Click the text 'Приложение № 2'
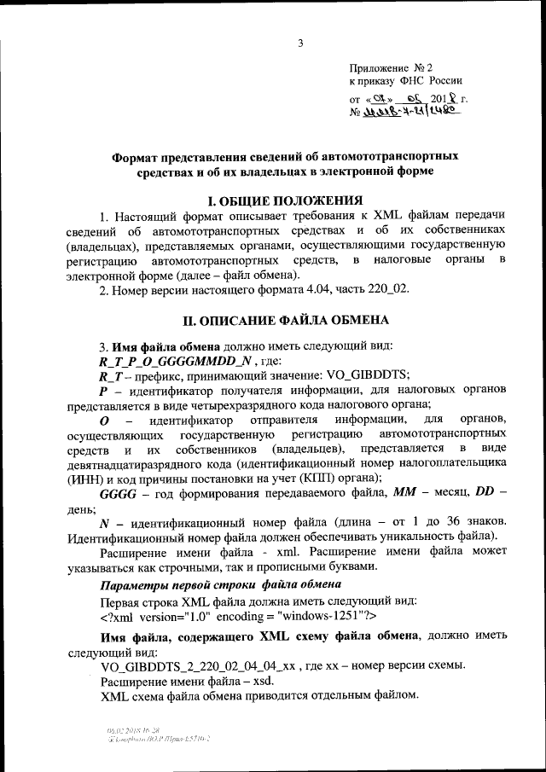(x=392, y=67)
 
